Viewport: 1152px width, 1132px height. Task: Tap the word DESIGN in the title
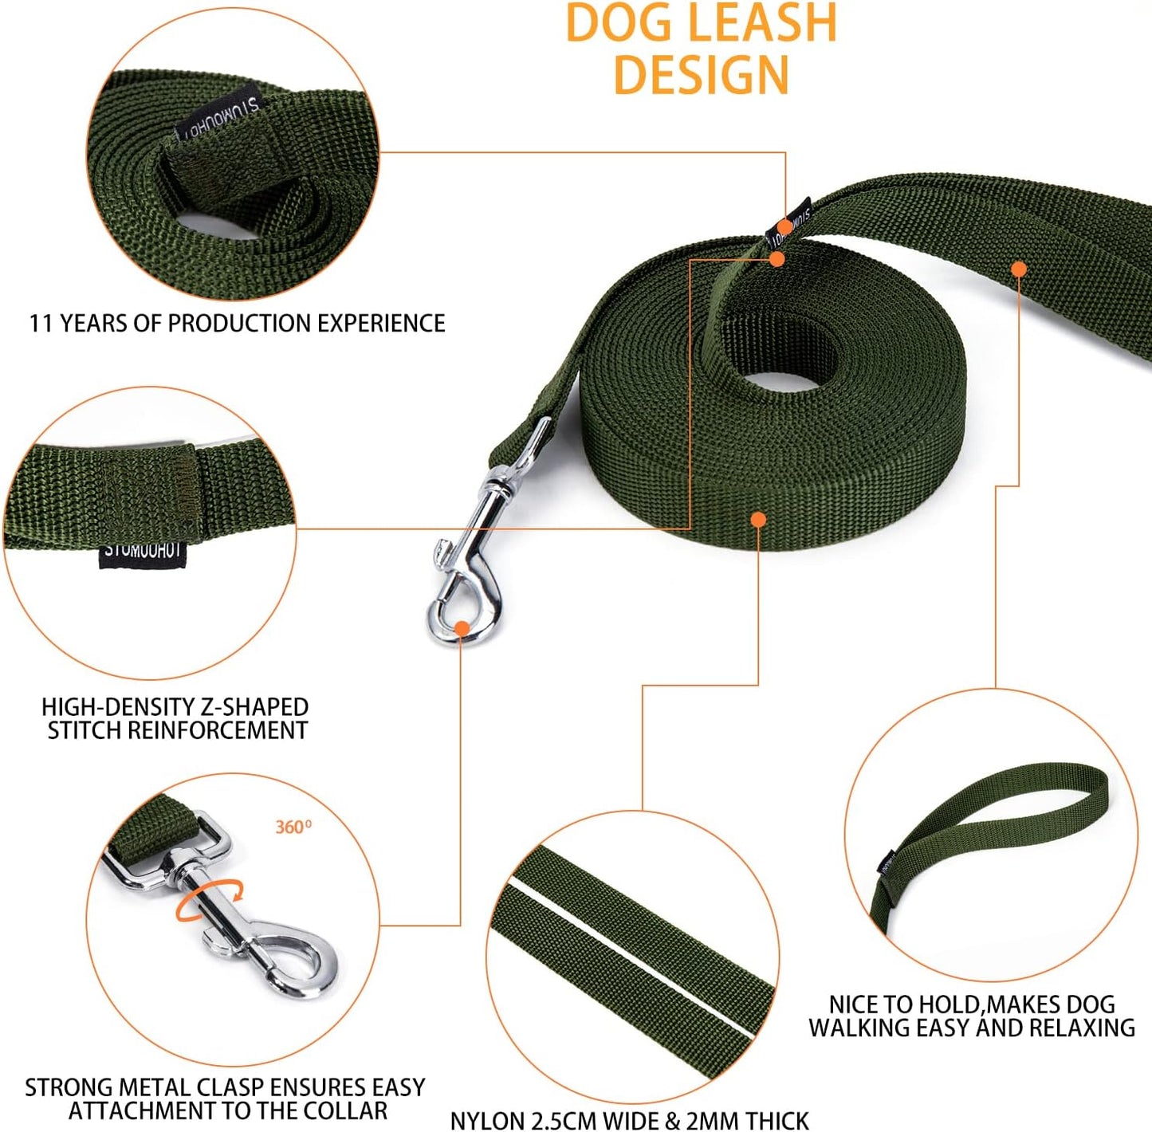point(701,74)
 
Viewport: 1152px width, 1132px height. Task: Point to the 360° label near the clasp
point(293,827)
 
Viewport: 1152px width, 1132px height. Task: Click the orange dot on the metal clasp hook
point(462,628)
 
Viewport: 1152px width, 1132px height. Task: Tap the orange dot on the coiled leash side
point(758,520)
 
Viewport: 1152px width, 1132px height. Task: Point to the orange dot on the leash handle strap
point(1018,269)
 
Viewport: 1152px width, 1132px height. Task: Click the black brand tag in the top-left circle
point(218,116)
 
